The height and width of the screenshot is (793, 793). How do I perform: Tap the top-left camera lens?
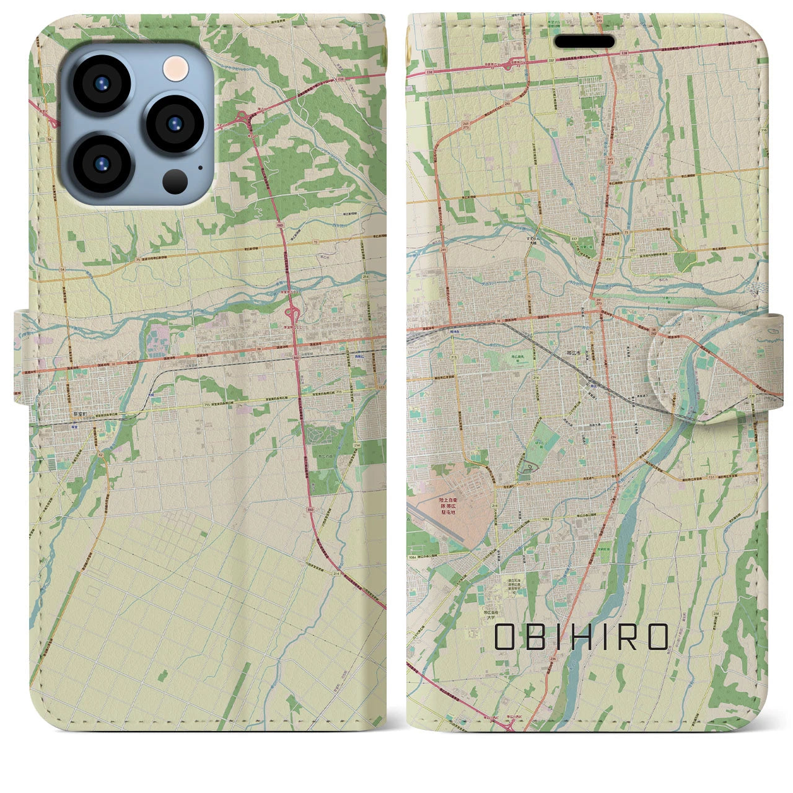(x=101, y=84)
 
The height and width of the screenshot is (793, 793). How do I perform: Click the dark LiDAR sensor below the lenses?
(x=175, y=181)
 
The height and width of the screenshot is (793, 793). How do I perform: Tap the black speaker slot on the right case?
(x=584, y=42)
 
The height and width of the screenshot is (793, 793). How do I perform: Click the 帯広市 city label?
(x=573, y=351)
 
